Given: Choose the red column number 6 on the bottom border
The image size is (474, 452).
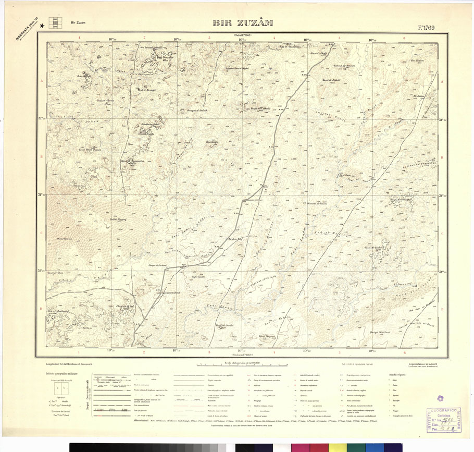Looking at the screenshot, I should [x=404, y=352].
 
